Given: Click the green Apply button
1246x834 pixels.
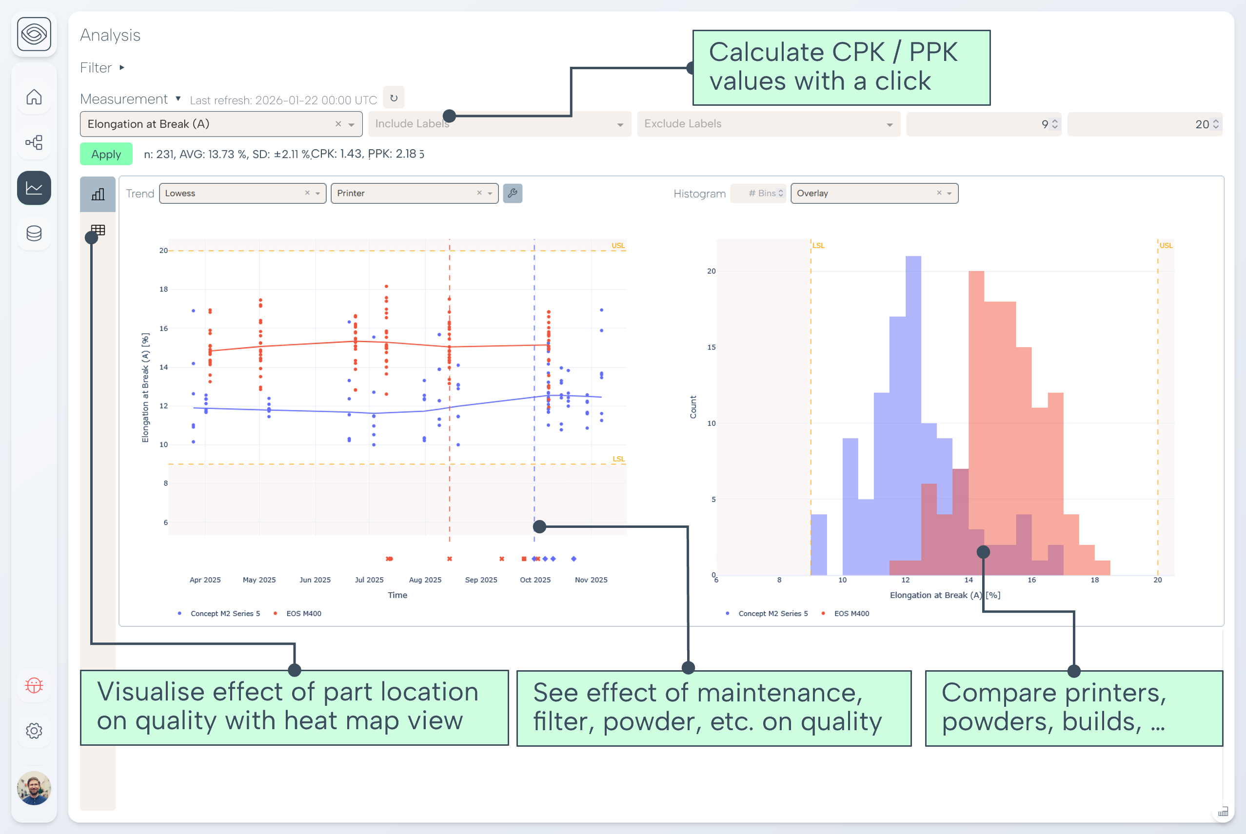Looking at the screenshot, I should point(106,154).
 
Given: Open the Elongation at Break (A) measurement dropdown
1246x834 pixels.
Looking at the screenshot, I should point(213,124).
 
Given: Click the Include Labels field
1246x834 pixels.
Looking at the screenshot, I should point(499,124).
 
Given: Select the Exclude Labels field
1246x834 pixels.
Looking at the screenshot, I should point(768,124).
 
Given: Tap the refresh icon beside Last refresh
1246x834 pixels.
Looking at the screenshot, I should point(394,98).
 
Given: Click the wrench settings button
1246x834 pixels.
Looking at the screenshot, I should point(513,193).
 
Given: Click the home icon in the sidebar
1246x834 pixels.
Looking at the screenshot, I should point(34,97).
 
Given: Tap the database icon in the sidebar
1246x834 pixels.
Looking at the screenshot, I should point(34,233).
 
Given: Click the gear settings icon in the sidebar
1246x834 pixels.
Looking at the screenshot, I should point(34,730).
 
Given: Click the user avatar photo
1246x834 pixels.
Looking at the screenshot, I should point(34,788).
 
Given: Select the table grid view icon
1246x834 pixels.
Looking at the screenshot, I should point(98,230).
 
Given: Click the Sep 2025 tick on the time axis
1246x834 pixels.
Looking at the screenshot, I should point(481,580).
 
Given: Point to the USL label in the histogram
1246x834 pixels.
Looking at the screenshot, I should point(1166,245).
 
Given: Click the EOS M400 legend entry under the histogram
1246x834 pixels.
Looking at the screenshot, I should point(851,613).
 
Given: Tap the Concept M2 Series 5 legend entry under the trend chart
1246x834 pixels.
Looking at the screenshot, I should point(225,613).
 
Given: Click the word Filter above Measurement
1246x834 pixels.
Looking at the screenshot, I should point(96,68).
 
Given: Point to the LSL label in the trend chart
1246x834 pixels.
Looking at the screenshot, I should point(618,459).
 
